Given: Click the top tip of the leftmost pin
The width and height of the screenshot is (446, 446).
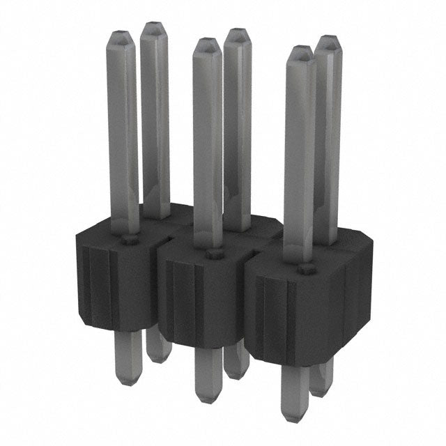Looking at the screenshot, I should point(121,33).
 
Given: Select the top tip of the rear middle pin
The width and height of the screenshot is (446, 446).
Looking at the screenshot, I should point(238,31).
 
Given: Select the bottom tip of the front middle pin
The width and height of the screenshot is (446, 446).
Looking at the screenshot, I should point(208,399).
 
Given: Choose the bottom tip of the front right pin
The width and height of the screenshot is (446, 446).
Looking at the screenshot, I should point(294,419).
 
